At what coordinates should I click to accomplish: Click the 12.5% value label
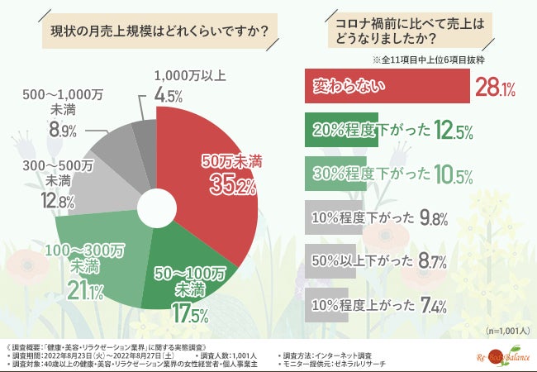coord(453,130)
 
